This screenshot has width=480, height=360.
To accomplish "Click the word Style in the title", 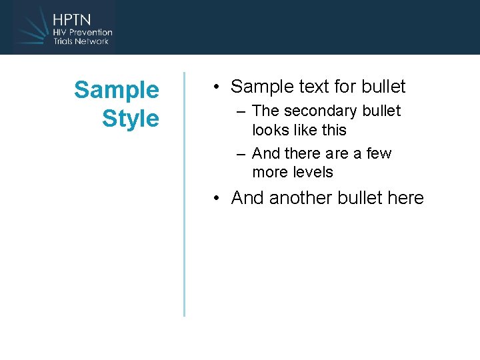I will pyautogui.click(x=130, y=119).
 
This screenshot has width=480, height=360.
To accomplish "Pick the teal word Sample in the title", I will pyautogui.click(x=117, y=89).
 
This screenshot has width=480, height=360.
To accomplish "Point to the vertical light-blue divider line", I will pyautogui.click(x=184, y=193).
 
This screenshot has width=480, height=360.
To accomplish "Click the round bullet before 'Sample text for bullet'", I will pyautogui.click(x=217, y=87).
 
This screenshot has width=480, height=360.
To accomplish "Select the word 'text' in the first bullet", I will pyautogui.click(x=306, y=87).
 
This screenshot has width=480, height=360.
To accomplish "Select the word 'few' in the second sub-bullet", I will pyautogui.click(x=379, y=153).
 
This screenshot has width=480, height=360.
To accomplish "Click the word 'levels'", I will pyautogui.click(x=313, y=172).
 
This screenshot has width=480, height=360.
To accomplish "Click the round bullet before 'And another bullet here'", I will pyautogui.click(x=217, y=199).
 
